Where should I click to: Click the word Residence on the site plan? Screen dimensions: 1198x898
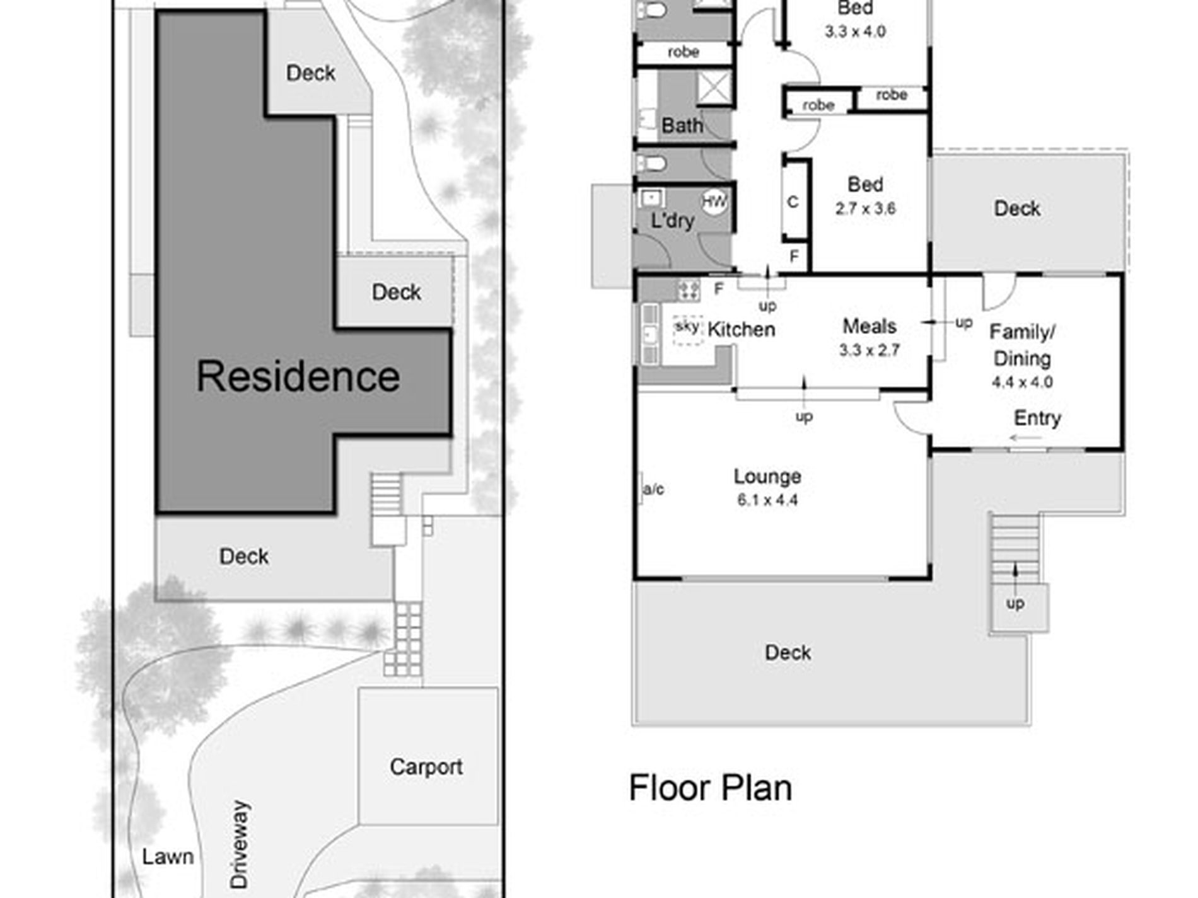pos(298,376)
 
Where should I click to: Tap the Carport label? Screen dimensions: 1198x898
pos(426,767)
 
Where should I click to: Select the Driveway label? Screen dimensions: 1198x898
pos(240,844)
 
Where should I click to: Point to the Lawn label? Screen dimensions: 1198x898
pos(168,856)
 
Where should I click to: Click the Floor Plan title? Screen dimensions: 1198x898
pos(711,788)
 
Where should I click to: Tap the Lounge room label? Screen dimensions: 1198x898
pos(767,477)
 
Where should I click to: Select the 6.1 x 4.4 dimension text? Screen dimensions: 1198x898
pos(767,500)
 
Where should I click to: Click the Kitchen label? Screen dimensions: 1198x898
pos(741,329)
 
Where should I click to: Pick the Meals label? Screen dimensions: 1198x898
pos(869,326)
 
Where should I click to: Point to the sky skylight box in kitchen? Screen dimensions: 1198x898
pos(687,330)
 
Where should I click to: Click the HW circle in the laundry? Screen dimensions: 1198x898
pos(714,202)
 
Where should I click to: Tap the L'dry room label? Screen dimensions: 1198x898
pos(672,221)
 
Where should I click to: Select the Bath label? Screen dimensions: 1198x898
pos(682,125)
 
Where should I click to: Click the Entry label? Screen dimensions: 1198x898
pos(1037,418)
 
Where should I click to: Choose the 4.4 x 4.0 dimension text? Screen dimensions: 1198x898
pos(1022,382)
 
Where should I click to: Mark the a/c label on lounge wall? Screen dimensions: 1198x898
pos(653,489)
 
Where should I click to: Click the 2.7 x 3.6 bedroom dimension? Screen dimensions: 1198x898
pos(865,209)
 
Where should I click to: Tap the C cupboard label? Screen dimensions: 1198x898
pos(793,202)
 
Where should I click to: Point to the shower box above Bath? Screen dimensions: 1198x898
pos(714,86)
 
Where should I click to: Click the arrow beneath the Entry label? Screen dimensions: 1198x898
pos(1025,438)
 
